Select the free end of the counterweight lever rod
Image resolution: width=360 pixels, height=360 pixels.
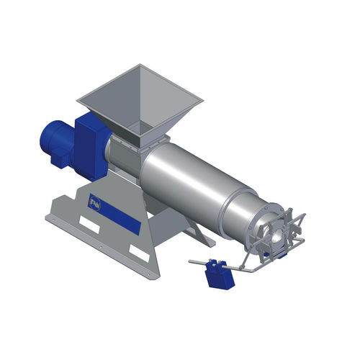[x=190, y=261]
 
